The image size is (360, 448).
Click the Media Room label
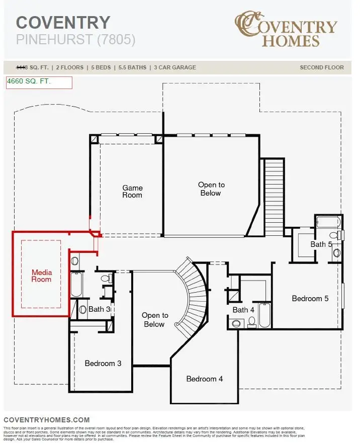tap(41, 276)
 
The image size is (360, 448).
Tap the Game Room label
tap(132, 192)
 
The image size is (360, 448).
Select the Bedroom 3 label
tap(103, 363)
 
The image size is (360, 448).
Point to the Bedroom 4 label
tap(204, 379)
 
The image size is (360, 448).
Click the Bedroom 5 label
tap(310, 298)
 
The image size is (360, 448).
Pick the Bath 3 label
tap(99, 309)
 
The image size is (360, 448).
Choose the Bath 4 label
tap(243, 310)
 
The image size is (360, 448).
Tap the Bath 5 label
tap(321, 244)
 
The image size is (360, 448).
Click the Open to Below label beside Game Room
tap(211, 189)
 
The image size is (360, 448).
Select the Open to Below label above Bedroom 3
tap(154, 320)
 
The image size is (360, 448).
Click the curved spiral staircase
tap(194, 297)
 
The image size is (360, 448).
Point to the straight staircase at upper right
tap(275, 196)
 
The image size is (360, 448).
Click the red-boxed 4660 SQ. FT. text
tap(29, 81)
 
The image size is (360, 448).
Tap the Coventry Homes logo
tap(286, 30)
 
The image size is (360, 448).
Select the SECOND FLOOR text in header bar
tap(322, 67)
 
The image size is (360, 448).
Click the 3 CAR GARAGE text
tap(175, 67)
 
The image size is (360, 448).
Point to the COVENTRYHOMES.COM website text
tap(46, 420)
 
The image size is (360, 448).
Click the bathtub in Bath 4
tap(264, 315)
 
